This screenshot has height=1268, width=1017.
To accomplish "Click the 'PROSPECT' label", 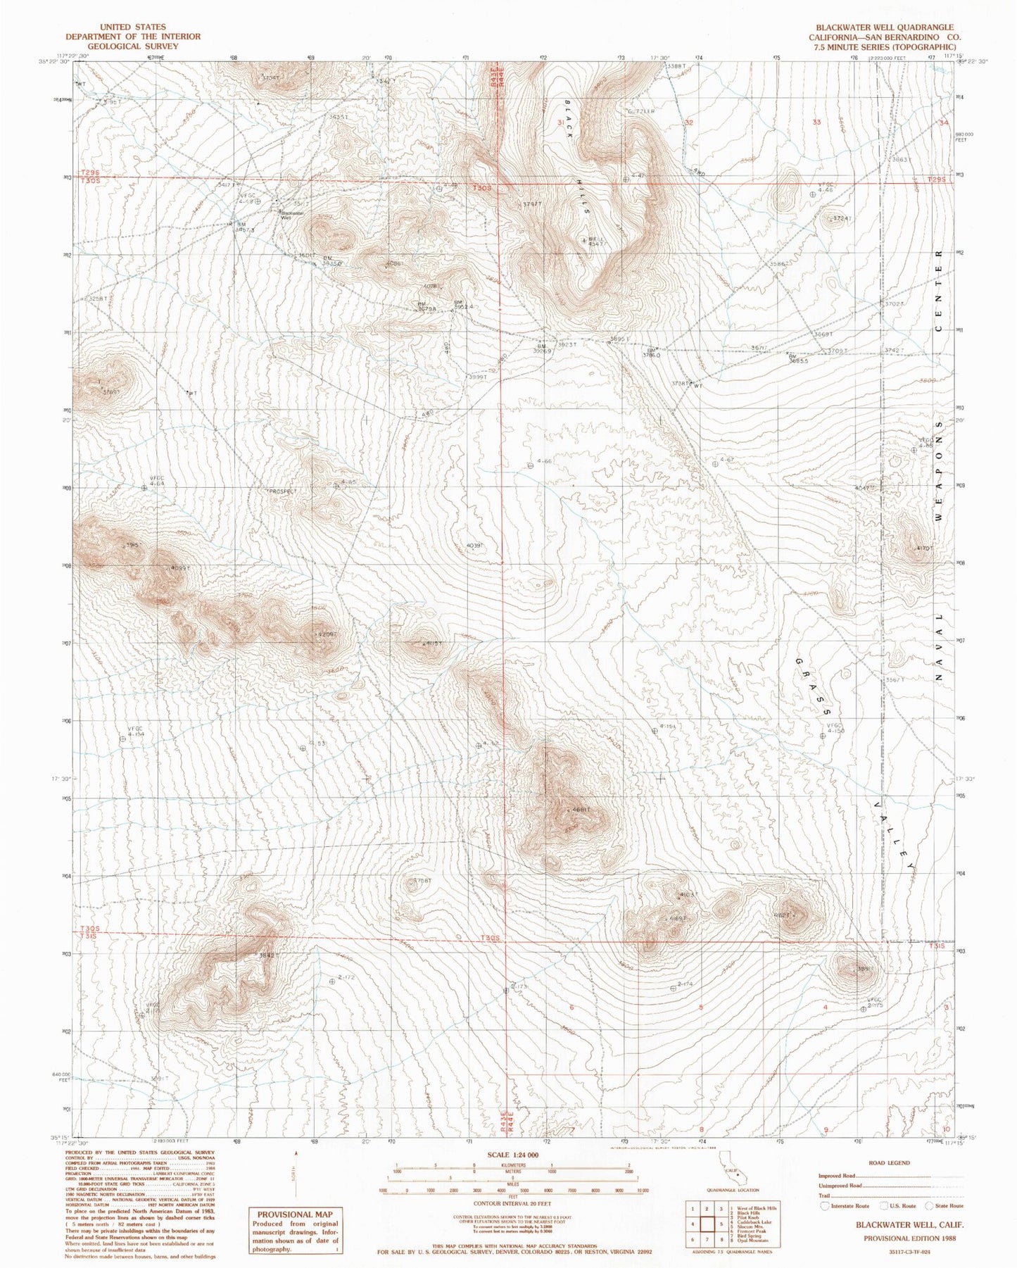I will pos(283,491).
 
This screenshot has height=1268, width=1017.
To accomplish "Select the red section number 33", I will pos(816,123).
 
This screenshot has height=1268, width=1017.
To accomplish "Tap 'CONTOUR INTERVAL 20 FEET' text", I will pos(512,1205).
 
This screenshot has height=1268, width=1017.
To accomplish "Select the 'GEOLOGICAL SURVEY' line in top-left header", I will pos(133,46).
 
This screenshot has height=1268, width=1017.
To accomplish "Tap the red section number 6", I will pos(571,1008).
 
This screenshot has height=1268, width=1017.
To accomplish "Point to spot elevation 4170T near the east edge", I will pos(924,548).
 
